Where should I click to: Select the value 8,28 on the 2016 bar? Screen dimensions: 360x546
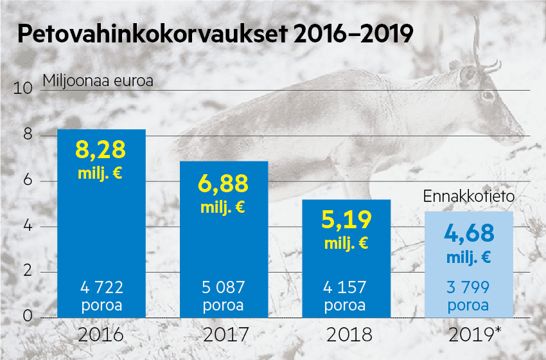[101, 149]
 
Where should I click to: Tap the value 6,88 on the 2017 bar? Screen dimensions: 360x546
[223, 184]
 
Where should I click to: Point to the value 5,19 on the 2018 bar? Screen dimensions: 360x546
[346, 221]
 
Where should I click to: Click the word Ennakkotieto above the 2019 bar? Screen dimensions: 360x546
[468, 197]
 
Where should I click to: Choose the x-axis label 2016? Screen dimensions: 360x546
[100, 336]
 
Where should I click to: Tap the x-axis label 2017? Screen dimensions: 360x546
[224, 336]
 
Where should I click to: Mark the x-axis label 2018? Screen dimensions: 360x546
[346, 336]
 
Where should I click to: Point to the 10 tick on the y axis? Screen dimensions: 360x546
[23, 89]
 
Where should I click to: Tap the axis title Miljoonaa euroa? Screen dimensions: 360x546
[98, 81]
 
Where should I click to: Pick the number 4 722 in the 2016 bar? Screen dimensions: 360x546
[101, 287]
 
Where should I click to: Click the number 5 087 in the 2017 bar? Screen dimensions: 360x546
[223, 287]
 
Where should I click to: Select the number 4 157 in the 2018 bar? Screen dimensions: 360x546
[346, 287]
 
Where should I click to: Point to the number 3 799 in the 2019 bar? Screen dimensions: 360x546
[468, 287]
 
